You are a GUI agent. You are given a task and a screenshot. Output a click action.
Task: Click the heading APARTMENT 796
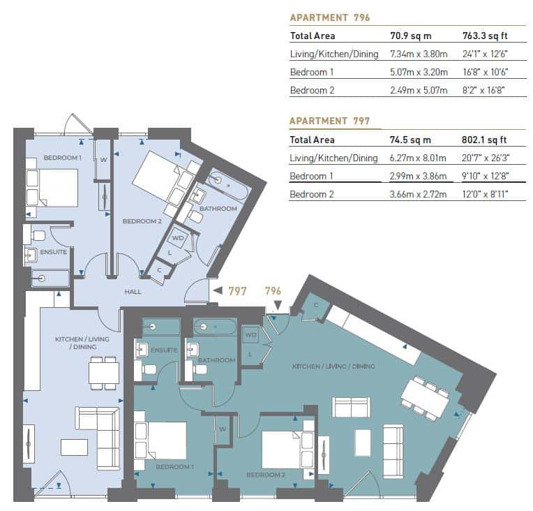[329, 17]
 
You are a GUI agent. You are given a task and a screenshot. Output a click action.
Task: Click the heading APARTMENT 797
[329, 121]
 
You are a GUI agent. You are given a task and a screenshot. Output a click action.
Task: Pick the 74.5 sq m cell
[410, 140]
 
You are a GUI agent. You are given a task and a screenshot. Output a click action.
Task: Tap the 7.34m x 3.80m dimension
[415, 54]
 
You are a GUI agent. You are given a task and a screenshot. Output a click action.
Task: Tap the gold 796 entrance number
[273, 291]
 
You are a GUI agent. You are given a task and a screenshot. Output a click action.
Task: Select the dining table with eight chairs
[424, 399]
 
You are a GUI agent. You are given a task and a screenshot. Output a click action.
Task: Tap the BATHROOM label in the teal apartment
[216, 360]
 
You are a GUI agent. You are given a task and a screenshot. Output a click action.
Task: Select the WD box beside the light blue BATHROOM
[179, 237]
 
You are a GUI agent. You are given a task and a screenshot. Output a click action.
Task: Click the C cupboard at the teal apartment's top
[315, 305]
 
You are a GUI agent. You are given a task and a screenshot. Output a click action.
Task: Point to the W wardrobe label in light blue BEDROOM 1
[103, 160]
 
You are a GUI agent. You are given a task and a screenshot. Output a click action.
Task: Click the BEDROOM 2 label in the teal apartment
[265, 475]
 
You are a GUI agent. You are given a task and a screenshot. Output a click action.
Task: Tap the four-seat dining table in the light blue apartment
[103, 371]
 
